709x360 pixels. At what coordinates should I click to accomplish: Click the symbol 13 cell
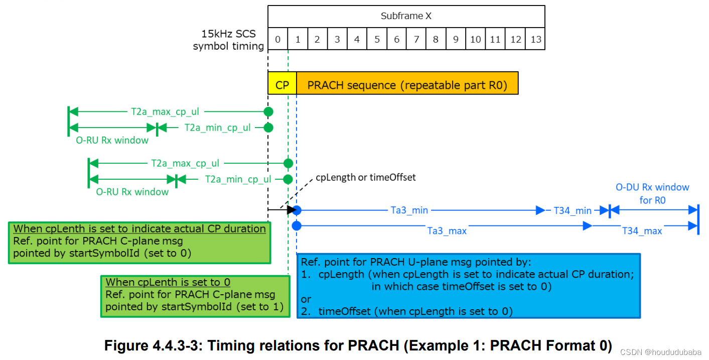pos(535,39)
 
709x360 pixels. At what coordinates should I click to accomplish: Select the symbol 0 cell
pos(278,39)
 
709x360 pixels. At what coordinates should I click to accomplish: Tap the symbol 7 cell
pos(416,39)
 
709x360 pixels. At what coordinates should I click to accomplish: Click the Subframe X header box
pos(406,16)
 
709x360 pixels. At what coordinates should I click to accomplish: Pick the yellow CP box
pos(282,85)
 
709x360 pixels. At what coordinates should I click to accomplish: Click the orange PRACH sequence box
pos(407,85)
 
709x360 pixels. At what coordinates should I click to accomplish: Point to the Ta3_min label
pos(409,210)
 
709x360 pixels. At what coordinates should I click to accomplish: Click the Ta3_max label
pos(447,230)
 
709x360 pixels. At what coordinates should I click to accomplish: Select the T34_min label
pos(573,210)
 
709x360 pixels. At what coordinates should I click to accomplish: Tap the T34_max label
pos(642,230)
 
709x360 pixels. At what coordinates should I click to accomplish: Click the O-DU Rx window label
pos(652,193)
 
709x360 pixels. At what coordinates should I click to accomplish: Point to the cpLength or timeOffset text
pos(365,177)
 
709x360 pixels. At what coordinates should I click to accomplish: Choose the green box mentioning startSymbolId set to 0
pos(139,243)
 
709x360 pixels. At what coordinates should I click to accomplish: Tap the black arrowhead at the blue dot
pos(291,210)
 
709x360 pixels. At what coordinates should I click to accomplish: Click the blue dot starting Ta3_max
pos(297,226)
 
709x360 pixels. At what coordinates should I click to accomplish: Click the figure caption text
pos(358,346)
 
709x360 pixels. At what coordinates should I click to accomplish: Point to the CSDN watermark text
pos(660,352)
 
